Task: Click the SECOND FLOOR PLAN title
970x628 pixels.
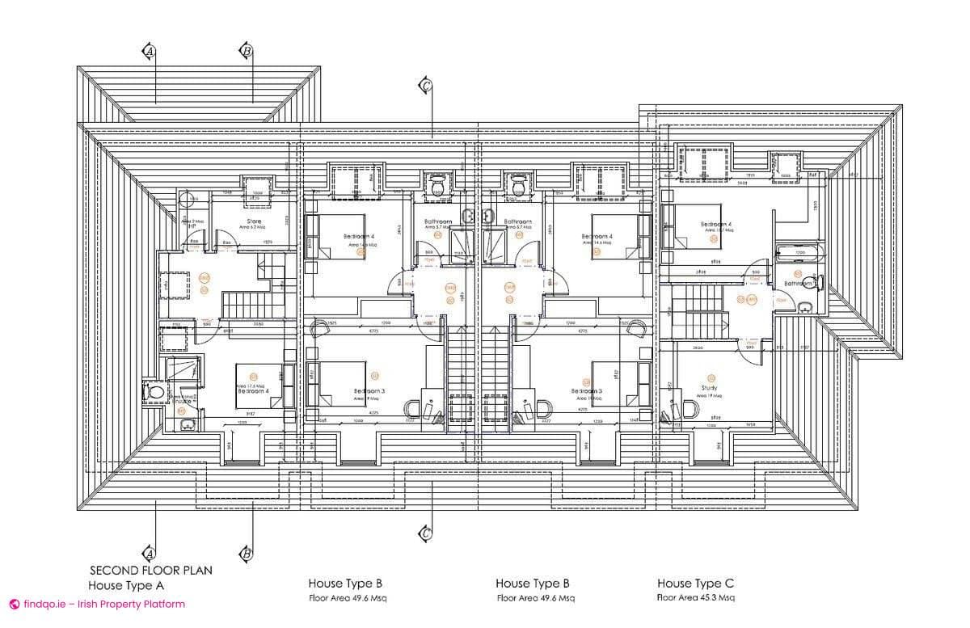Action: pos(150,570)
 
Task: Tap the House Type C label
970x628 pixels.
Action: pos(695,583)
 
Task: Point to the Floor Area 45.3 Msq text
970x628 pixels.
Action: pos(695,598)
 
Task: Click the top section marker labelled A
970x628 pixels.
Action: pos(149,51)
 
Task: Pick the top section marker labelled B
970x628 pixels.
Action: pos(247,51)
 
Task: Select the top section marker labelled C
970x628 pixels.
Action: pos(425,84)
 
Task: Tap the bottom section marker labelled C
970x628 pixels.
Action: pos(425,533)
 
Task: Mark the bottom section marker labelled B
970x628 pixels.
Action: pos(246,554)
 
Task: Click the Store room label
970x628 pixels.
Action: pos(254,221)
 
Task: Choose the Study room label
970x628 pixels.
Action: pos(710,388)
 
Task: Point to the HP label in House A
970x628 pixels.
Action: pos(192,226)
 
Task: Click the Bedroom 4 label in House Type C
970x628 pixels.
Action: pos(715,224)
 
